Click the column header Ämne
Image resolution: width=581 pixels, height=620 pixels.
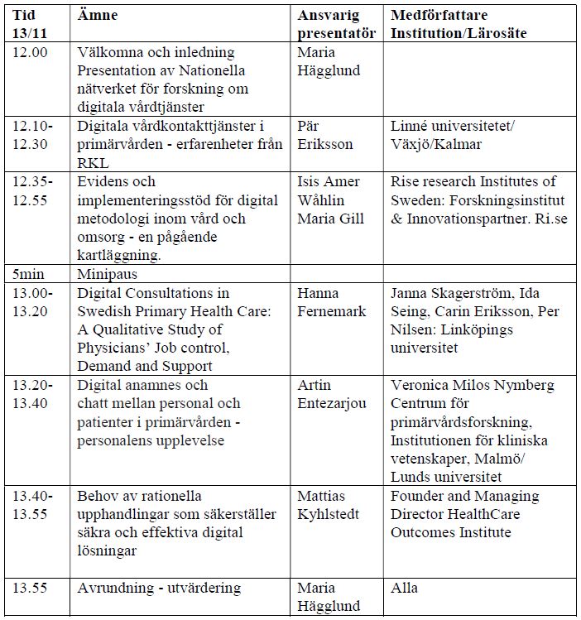pyautogui.click(x=98, y=15)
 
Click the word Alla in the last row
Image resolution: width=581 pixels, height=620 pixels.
pyautogui.click(x=405, y=589)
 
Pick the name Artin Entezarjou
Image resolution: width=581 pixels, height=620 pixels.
pyautogui.click(x=332, y=395)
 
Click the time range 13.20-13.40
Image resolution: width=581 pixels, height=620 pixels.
pyautogui.click(x=33, y=395)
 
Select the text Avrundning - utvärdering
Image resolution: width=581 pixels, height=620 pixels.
pyautogui.click(x=159, y=589)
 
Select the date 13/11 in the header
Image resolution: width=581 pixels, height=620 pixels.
pyautogui.click(x=31, y=33)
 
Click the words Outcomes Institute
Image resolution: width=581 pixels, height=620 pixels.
pyautogui.click(x=451, y=532)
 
